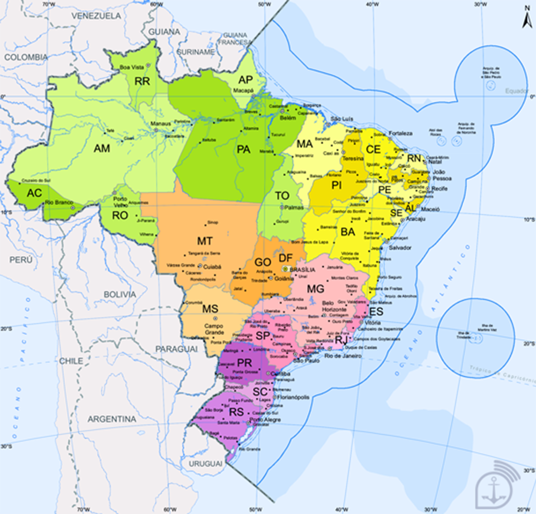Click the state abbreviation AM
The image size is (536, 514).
tap(102, 148)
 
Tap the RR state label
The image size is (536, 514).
tap(142, 81)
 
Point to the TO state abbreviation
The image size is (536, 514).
tap(282, 196)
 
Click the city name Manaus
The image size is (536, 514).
tap(160, 124)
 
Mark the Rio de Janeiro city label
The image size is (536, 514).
tap(343, 356)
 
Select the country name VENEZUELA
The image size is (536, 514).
tap(96, 16)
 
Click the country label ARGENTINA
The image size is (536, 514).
tap(112, 419)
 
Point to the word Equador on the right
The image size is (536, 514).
tap(517, 91)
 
